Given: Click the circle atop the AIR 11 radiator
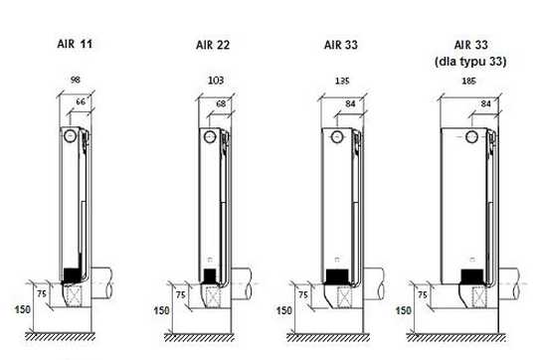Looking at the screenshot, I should pyautogui.click(x=70, y=135).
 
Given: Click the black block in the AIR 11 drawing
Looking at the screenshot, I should pyautogui.click(x=71, y=271).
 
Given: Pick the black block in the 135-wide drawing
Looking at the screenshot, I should pyautogui.click(x=338, y=273).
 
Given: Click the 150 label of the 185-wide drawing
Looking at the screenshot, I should pyautogui.click(x=403, y=311).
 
